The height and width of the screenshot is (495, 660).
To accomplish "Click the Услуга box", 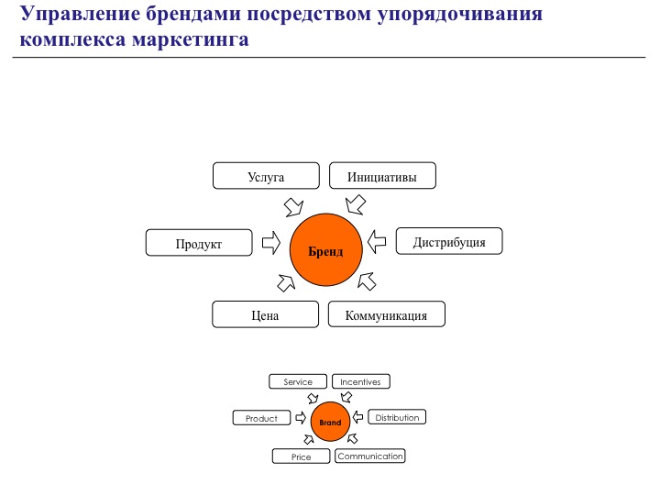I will click(x=266, y=176).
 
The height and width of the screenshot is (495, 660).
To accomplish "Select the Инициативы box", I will click(x=382, y=176).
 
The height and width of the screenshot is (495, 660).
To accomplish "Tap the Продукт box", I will click(x=199, y=243).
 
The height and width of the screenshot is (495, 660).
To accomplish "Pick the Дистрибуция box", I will click(x=449, y=242).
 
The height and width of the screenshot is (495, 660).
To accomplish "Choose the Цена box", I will click(x=265, y=314).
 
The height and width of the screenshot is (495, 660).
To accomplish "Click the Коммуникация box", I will click(x=387, y=314).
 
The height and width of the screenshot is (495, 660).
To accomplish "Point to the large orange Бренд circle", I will click(x=325, y=249).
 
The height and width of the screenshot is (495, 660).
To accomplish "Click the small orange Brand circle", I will click(x=330, y=423).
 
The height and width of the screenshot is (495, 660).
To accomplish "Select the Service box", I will click(x=298, y=381).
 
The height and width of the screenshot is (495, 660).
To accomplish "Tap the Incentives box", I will click(x=360, y=381).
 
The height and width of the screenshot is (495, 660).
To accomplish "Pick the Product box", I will click(x=261, y=418).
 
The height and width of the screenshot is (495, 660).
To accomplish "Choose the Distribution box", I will click(x=397, y=417).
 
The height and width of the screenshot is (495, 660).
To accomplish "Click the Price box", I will click(x=301, y=456).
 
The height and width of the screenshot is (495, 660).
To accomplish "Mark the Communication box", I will click(x=369, y=456).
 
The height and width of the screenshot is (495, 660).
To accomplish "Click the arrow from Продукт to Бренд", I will click(x=270, y=243).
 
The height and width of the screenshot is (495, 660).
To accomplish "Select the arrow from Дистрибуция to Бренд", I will click(x=377, y=242).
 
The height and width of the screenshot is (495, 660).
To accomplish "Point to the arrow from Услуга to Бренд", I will click(x=294, y=204).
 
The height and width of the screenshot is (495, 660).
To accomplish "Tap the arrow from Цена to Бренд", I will click(x=287, y=283).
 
